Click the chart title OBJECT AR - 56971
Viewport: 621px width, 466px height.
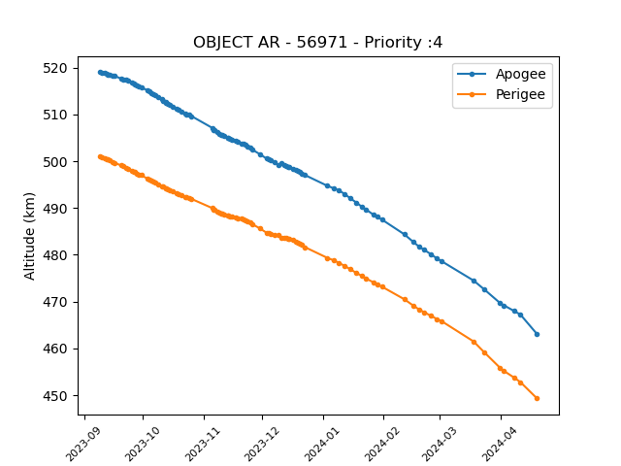coord(270,42)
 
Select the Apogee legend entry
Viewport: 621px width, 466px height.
coord(502,74)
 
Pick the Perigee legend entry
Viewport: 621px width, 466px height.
coord(501,94)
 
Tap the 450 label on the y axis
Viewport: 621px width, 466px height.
coord(55,396)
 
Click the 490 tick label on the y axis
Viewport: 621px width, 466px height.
coord(55,209)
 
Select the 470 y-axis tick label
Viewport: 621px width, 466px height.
coord(55,302)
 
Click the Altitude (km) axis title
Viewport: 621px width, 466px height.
coord(29,236)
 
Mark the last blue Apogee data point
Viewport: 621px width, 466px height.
coord(537,334)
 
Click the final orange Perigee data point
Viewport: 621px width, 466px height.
coord(537,399)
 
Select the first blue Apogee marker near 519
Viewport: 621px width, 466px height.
coord(100,73)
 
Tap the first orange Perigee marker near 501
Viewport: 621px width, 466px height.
coord(100,157)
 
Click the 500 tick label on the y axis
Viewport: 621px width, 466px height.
coord(55,162)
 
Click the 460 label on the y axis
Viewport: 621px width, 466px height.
coord(55,349)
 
